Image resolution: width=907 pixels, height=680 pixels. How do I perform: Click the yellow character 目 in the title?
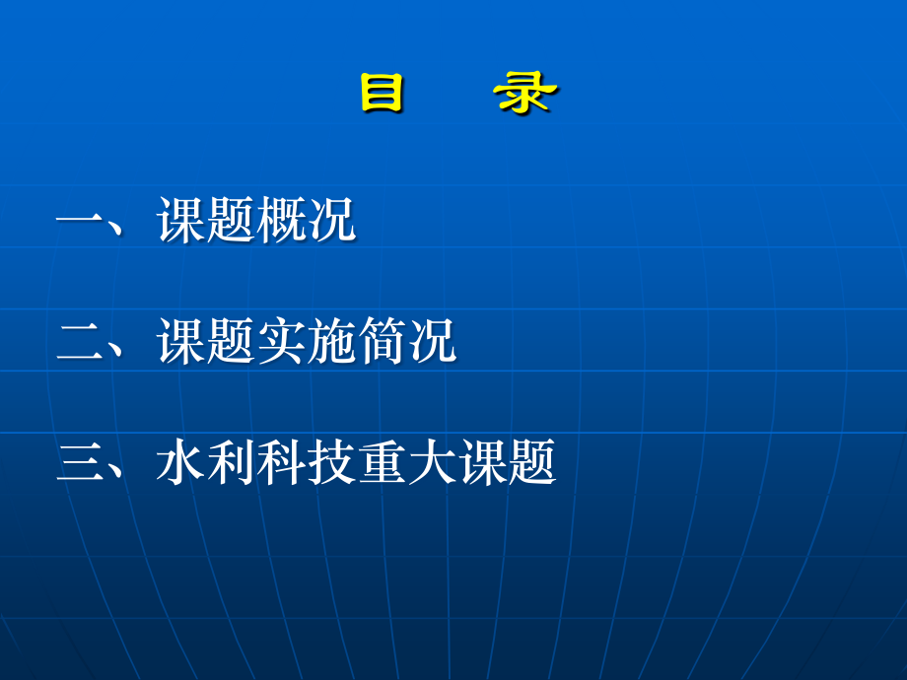(383, 95)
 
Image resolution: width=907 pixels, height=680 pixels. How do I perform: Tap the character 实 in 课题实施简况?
(282, 341)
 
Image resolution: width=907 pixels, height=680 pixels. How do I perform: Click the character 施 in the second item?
(331, 341)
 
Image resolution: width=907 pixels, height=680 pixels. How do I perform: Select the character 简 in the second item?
(383, 341)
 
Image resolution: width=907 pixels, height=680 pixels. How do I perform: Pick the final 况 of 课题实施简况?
(432, 341)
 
